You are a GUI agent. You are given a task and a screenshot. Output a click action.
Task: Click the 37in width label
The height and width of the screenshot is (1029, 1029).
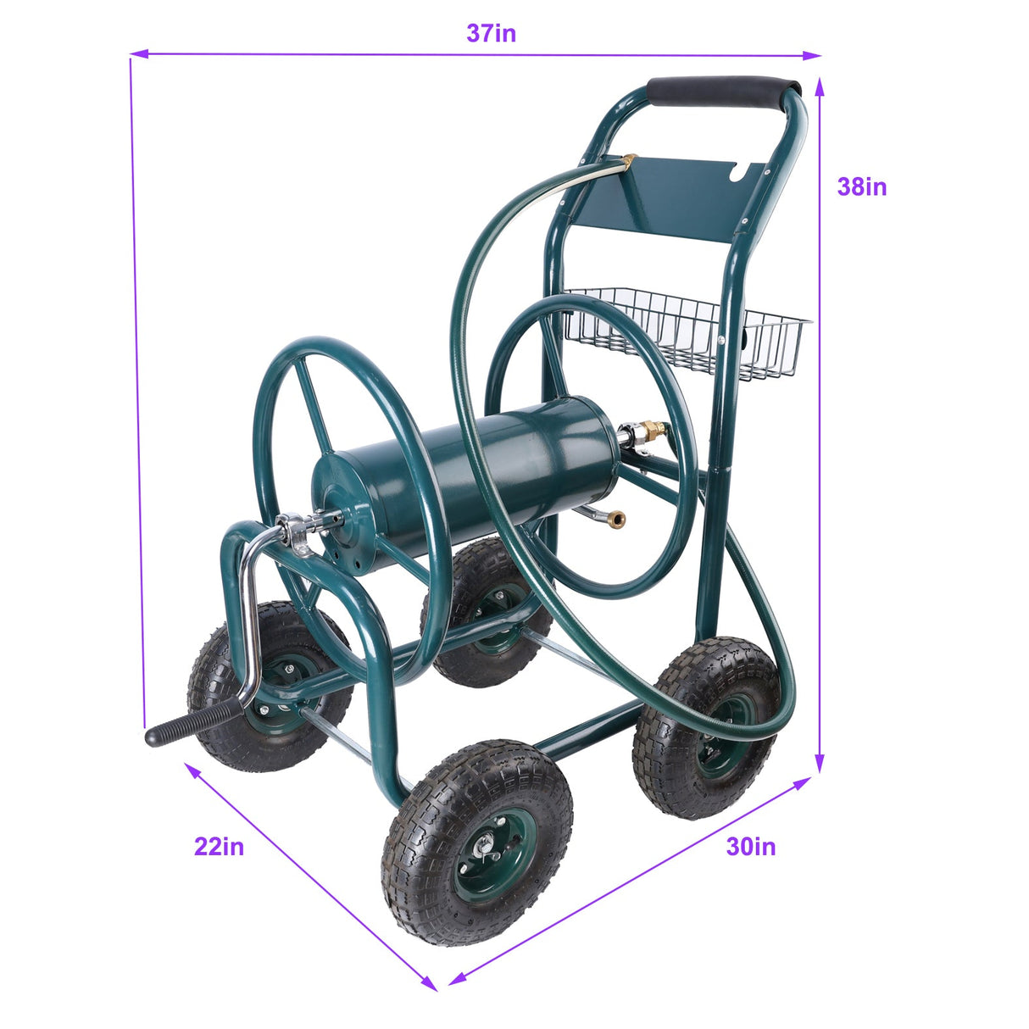[491, 33]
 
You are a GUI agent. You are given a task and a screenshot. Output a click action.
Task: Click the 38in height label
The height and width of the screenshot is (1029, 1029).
[861, 186]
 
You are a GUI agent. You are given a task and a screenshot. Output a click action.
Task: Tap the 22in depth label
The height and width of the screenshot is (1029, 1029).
[219, 846]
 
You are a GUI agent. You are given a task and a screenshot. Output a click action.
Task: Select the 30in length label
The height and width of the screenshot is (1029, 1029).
[750, 846]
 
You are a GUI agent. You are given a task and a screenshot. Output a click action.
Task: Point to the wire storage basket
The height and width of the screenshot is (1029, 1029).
[687, 331]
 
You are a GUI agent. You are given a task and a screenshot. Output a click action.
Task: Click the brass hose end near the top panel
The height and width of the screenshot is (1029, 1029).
[629, 159]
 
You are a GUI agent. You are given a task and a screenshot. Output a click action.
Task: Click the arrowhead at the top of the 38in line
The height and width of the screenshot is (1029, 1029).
[820, 86]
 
